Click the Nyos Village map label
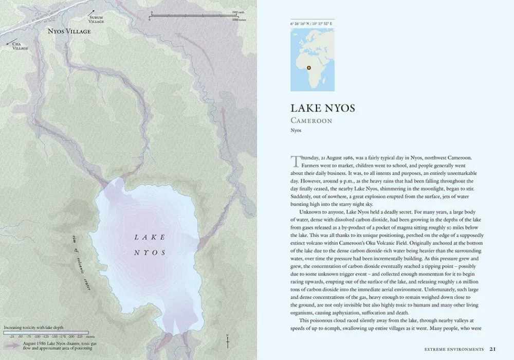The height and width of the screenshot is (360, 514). pos(69,31)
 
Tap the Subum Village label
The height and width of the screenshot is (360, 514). pos(96,20)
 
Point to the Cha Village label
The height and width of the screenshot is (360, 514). pos(20,46)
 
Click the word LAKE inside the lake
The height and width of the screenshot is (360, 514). pos(150,237)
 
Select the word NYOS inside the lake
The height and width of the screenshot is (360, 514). pos(150,253)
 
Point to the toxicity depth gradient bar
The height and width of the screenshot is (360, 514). pos(46,332)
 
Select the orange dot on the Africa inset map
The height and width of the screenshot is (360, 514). pos(309,67)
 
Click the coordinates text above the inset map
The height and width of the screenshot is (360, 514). pos(311,24)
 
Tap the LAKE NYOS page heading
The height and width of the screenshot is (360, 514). pos(322,109)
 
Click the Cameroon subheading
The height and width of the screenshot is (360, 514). pos(311,121)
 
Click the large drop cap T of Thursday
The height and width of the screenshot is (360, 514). pos(295,161)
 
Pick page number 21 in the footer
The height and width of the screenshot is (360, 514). pos(492,349)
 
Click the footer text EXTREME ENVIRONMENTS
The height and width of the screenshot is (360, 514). pos(454,349)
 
